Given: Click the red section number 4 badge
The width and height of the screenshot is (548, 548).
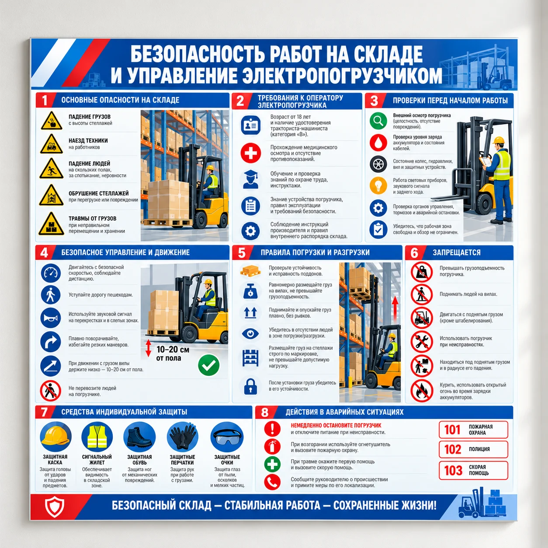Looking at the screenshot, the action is [x=45, y=253].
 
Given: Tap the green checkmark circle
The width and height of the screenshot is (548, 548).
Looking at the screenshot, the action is [x=209, y=365].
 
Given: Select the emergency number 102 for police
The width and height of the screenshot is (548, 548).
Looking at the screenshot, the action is [x=452, y=449].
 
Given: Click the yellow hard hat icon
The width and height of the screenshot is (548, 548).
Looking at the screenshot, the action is [x=55, y=437].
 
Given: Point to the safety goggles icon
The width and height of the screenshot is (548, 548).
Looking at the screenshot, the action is [x=227, y=437].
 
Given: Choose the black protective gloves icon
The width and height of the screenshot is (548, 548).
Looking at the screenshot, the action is [x=182, y=437].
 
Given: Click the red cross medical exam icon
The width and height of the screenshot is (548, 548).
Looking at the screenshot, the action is [x=250, y=153].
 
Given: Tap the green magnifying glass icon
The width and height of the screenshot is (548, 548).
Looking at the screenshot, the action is [x=378, y=121].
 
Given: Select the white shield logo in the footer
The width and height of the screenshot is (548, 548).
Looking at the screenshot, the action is [x=54, y=507].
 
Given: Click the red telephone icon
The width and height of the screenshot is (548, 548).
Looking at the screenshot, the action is [x=272, y=482].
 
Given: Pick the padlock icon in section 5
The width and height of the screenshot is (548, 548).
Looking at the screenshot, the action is [x=250, y=386].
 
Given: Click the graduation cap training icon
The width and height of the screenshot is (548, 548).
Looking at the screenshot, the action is [x=250, y=180].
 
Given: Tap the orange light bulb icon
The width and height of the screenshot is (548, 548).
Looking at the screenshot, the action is [x=378, y=185].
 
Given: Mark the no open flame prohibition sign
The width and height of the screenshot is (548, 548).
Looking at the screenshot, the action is [x=421, y=391].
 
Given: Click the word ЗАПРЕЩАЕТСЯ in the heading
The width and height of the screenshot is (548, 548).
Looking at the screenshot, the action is [x=456, y=253].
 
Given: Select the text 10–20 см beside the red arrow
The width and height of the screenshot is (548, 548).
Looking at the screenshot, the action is [x=173, y=350].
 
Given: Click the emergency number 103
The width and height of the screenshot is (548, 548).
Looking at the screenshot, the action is [x=453, y=470].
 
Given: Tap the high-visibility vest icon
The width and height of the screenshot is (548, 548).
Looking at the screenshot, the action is [x=97, y=437].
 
